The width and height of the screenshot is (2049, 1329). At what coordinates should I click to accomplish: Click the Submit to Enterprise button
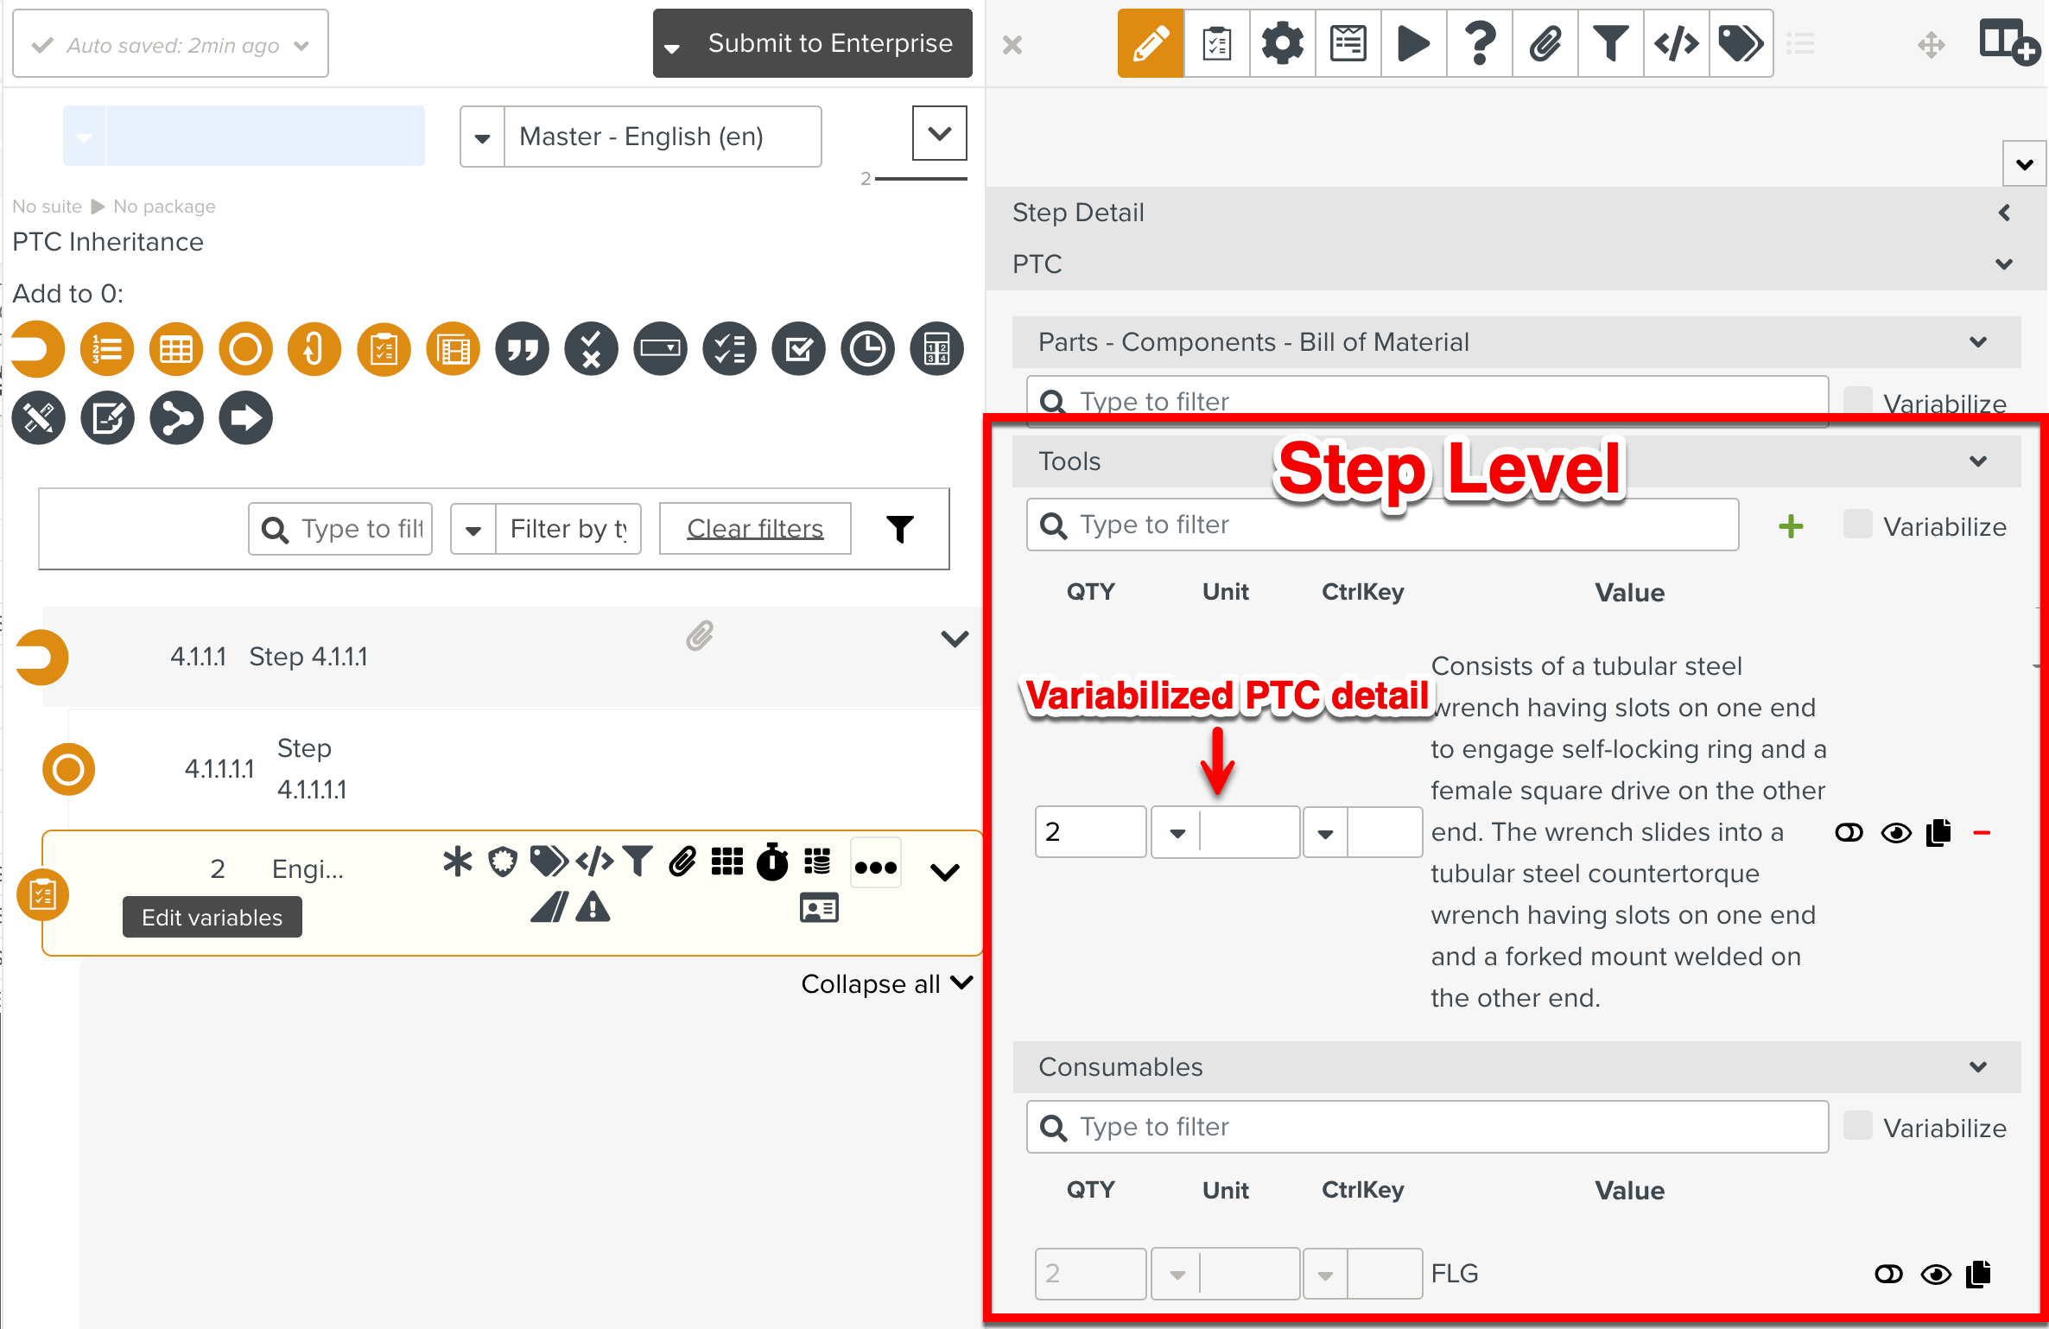813,43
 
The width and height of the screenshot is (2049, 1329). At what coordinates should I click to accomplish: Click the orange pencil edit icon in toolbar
1151,43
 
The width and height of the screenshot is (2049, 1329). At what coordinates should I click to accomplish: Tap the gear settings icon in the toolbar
1282,43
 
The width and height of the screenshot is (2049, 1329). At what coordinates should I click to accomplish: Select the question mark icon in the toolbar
1480,43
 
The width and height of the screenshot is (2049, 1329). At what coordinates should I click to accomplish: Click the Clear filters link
755,528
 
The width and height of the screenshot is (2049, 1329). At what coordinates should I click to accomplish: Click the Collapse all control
887,983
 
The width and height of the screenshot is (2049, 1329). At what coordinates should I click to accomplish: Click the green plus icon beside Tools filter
1791,525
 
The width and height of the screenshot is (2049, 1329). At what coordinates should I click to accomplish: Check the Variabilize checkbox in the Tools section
1857,524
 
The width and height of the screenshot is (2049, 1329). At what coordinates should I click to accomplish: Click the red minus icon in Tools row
1982,833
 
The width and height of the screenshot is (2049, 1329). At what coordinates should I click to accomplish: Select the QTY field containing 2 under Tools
1091,831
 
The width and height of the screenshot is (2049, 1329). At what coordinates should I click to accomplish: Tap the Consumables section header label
1120,1066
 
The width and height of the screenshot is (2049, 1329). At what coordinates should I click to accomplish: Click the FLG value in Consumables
1455,1273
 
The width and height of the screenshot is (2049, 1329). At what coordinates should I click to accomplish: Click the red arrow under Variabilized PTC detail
1217,760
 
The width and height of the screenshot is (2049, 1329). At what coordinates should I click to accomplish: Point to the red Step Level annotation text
1449,469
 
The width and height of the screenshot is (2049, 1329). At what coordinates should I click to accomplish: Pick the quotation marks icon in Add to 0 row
522,349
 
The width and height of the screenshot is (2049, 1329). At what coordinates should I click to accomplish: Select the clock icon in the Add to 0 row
867,349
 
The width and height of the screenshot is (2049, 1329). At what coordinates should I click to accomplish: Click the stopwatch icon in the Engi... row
772,862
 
